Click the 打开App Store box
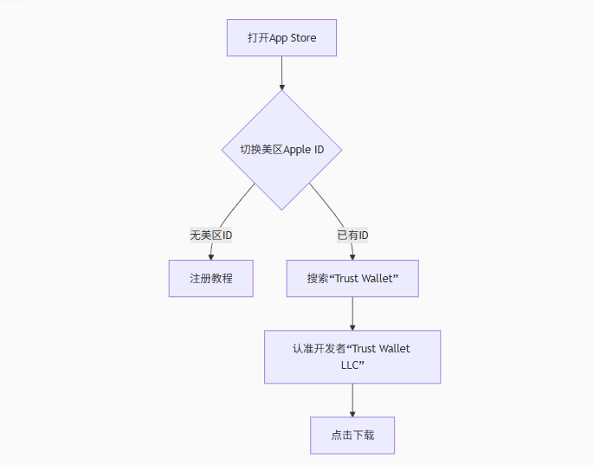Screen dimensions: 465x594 pyautogui.click(x=281, y=38)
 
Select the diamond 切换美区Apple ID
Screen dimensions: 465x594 pyautogui.click(x=281, y=150)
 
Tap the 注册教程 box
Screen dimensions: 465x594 pyautogui.click(x=210, y=279)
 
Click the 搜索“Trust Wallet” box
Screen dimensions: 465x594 pyautogui.click(x=352, y=279)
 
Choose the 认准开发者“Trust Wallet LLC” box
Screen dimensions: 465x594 pyautogui.click(x=352, y=357)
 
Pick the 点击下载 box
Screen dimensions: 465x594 pyautogui.click(x=352, y=436)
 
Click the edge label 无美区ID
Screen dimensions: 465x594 pyautogui.click(x=211, y=236)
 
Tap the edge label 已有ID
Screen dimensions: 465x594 pyautogui.click(x=352, y=236)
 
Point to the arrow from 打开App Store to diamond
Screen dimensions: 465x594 pyautogui.click(x=281, y=74)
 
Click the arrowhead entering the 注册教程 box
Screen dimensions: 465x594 pyautogui.click(x=210, y=256)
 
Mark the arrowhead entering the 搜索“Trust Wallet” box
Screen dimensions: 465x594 pyautogui.click(x=352, y=256)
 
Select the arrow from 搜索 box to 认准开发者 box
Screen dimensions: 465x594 pyautogui.click(x=352, y=313)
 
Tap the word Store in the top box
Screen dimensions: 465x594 pyautogui.click(x=304, y=38)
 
